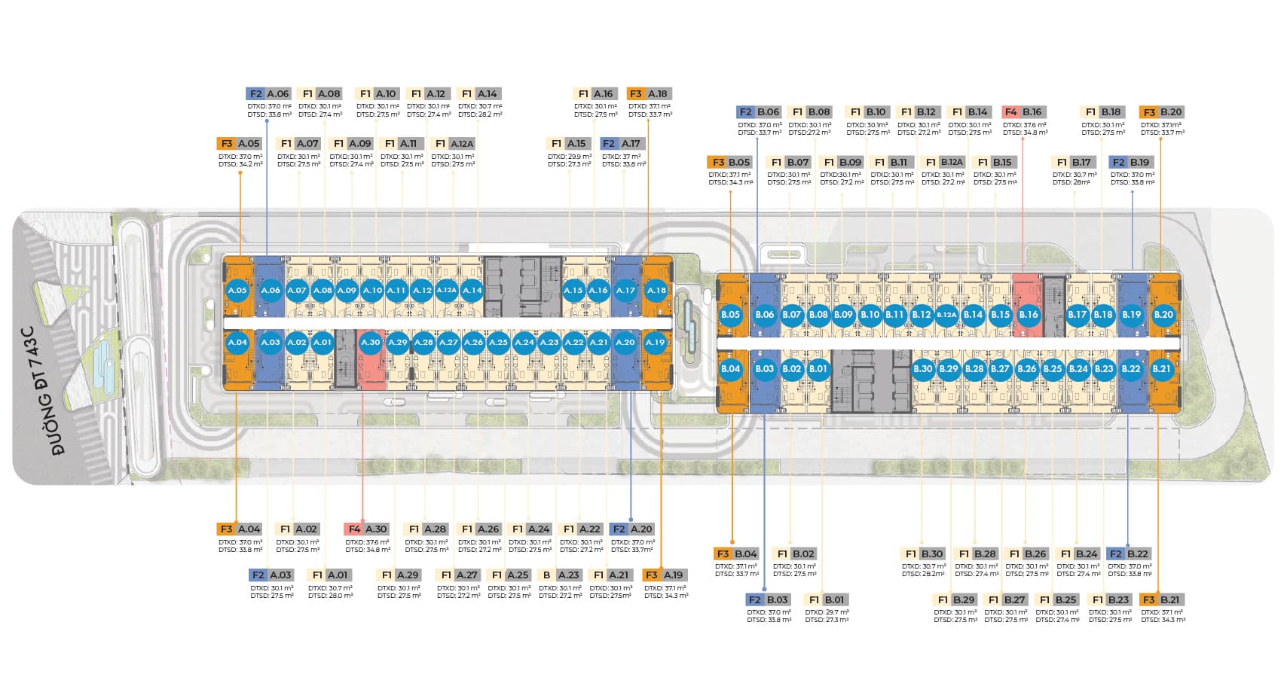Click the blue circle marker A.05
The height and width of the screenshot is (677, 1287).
[237, 290]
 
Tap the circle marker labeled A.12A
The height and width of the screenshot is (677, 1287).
[447, 290]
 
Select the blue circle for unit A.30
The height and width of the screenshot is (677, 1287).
[371, 342]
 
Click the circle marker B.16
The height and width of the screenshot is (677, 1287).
[1029, 315]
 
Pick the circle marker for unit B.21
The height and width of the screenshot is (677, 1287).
[1161, 369]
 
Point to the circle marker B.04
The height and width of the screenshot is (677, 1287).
[730, 369]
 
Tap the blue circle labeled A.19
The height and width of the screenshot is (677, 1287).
[656, 342]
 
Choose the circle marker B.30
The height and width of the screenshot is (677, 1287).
[923, 369]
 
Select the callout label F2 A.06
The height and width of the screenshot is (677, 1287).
[268, 94]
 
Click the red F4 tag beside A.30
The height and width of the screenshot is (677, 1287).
[354, 529]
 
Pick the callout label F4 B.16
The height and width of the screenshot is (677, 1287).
[1023, 112]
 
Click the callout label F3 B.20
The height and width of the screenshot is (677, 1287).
[1161, 112]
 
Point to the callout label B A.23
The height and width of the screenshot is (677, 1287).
[561, 575]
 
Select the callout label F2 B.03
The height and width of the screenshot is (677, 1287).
[768, 600]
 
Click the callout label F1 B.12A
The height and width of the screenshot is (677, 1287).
[943, 163]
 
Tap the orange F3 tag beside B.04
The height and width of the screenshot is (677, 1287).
[723, 554]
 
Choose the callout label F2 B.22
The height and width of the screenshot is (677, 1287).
[1129, 554]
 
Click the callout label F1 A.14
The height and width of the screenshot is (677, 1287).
[479, 94]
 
